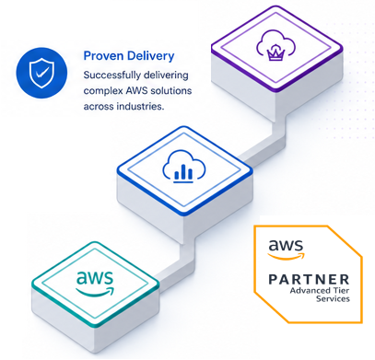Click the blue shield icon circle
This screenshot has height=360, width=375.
(41, 73)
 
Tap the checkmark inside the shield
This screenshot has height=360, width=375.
(41, 73)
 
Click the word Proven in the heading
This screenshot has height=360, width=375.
(104, 56)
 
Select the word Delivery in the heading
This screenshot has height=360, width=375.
(150, 56)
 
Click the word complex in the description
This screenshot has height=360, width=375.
(103, 91)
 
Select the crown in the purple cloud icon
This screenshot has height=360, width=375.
(272, 54)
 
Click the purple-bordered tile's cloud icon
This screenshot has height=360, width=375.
(275, 46)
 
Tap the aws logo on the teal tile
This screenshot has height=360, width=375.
(95, 283)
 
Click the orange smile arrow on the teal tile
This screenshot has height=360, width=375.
(96, 292)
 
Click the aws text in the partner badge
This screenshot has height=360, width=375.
(286, 245)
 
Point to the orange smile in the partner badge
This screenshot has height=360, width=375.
(287, 256)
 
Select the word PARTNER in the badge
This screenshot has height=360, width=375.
(310, 280)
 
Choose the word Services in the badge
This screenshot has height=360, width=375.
(334, 298)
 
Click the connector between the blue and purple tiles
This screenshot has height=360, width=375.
(264, 140)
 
